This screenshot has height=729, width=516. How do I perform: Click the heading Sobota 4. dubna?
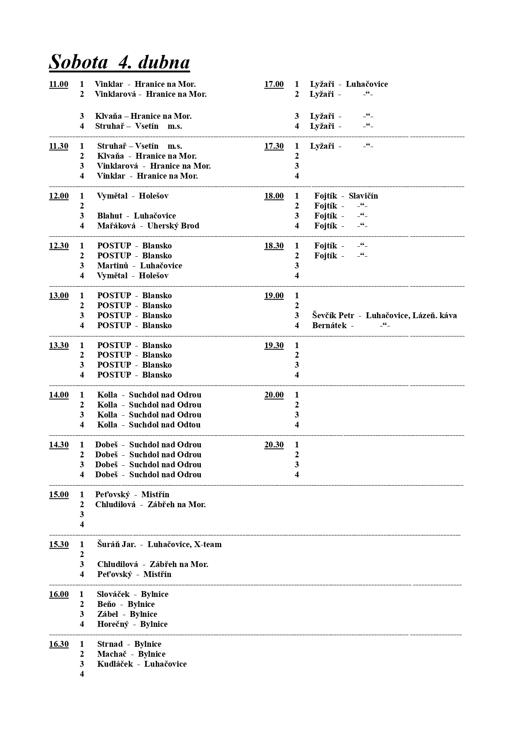[119, 62]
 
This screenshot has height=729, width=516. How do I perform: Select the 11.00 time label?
[59, 84]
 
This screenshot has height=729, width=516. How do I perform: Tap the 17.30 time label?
[274, 146]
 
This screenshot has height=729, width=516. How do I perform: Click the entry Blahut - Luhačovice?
[136, 216]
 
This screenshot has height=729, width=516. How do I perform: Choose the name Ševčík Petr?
[333, 316]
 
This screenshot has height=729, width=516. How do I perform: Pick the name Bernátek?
[329, 326]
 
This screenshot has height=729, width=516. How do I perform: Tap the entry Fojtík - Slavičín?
[346, 196]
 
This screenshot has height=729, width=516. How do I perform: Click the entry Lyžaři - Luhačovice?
[348, 84]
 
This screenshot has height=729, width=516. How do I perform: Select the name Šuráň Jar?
[116, 545]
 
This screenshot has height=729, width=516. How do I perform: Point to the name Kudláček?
[115, 664]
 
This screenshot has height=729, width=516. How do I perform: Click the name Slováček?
[113, 594]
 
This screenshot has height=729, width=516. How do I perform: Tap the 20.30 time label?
[274, 445]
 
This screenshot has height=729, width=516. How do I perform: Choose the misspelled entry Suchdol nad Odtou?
[165, 425]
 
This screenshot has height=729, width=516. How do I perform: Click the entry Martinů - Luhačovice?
[139, 266]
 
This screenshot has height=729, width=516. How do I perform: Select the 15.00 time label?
[59, 495]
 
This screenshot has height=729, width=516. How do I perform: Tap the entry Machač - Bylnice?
[131, 654]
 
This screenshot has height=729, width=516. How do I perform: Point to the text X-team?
[207, 545]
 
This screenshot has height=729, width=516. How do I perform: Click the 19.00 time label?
[274, 296]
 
